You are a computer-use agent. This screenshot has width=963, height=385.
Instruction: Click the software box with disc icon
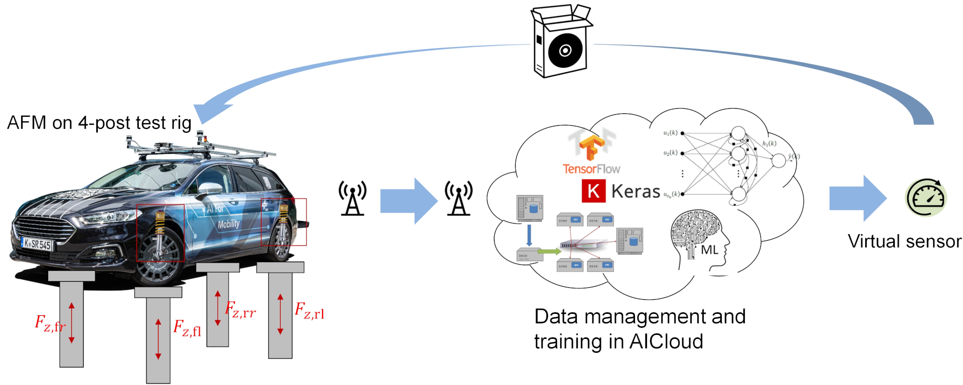click(562, 43)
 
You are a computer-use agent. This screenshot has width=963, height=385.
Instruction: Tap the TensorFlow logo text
click(591, 169)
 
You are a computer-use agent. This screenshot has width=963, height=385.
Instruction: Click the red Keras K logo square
click(593, 191)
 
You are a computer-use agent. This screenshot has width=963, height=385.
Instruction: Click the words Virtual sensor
click(904, 242)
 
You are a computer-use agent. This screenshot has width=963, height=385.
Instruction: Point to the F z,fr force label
click(49, 323)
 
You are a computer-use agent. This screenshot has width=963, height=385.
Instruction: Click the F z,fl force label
click(187, 328)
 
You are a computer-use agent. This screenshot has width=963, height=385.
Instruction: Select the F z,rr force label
click(240, 310)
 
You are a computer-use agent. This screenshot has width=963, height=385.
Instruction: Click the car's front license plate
click(37, 244)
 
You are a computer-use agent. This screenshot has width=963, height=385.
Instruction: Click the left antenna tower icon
click(353, 199)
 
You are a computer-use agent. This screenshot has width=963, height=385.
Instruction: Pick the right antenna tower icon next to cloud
click(458, 199)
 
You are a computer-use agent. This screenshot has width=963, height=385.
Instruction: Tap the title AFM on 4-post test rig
click(99, 123)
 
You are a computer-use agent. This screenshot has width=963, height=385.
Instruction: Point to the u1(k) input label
click(670, 133)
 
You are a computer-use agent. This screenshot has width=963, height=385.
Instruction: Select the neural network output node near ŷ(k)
click(778, 160)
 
